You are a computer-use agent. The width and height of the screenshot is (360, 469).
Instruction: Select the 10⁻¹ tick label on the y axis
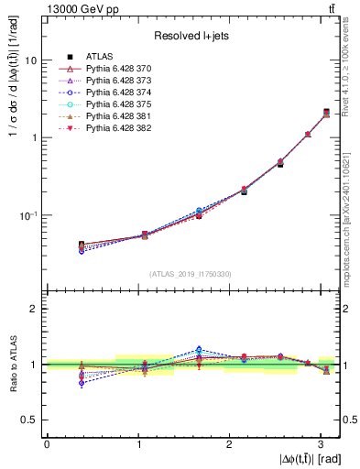coord(29,214)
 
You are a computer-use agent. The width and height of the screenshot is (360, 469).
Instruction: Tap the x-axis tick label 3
coord(320,443)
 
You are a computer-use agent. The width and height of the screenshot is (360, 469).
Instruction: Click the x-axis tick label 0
coord(47,443)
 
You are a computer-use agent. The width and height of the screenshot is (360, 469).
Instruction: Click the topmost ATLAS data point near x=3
coord(327,112)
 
